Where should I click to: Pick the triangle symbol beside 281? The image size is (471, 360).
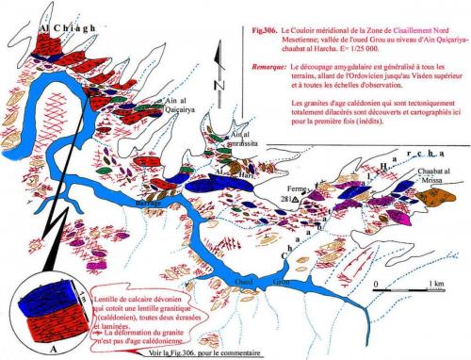297,201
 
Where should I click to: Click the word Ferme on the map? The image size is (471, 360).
299,188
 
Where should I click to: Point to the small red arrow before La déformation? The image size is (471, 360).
93,330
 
